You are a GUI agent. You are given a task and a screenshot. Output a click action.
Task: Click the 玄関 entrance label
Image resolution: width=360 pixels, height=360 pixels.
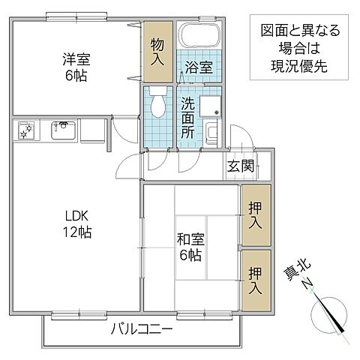[241, 166]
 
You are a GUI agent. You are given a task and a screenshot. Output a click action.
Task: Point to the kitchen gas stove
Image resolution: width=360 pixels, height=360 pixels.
[27, 133]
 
